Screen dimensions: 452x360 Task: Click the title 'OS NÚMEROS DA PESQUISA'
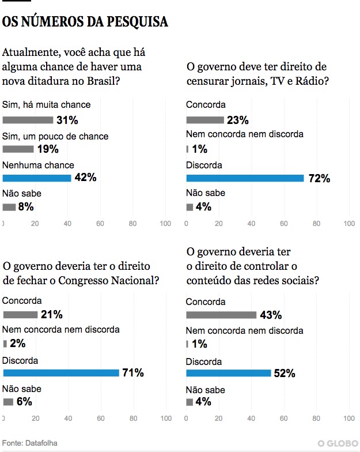pos(86,22)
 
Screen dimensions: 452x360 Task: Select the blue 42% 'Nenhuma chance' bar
pos(37,178)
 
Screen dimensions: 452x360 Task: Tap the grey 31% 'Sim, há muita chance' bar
pos(28,120)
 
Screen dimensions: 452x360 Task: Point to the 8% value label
pos(26,207)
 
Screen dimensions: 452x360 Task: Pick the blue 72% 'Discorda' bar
pos(245,178)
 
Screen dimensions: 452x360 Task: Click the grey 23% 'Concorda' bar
pos(205,120)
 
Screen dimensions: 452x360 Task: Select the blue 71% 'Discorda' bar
pos(60,373)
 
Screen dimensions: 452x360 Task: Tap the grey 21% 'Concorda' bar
pos(20,315)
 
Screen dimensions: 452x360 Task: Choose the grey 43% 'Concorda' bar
pos(222,315)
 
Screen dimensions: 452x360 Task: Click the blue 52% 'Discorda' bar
pos(229,373)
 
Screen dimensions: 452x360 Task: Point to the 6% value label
pos(24,402)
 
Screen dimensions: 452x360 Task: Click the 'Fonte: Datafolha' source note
pos(30,443)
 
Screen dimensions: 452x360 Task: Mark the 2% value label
pos(18,344)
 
